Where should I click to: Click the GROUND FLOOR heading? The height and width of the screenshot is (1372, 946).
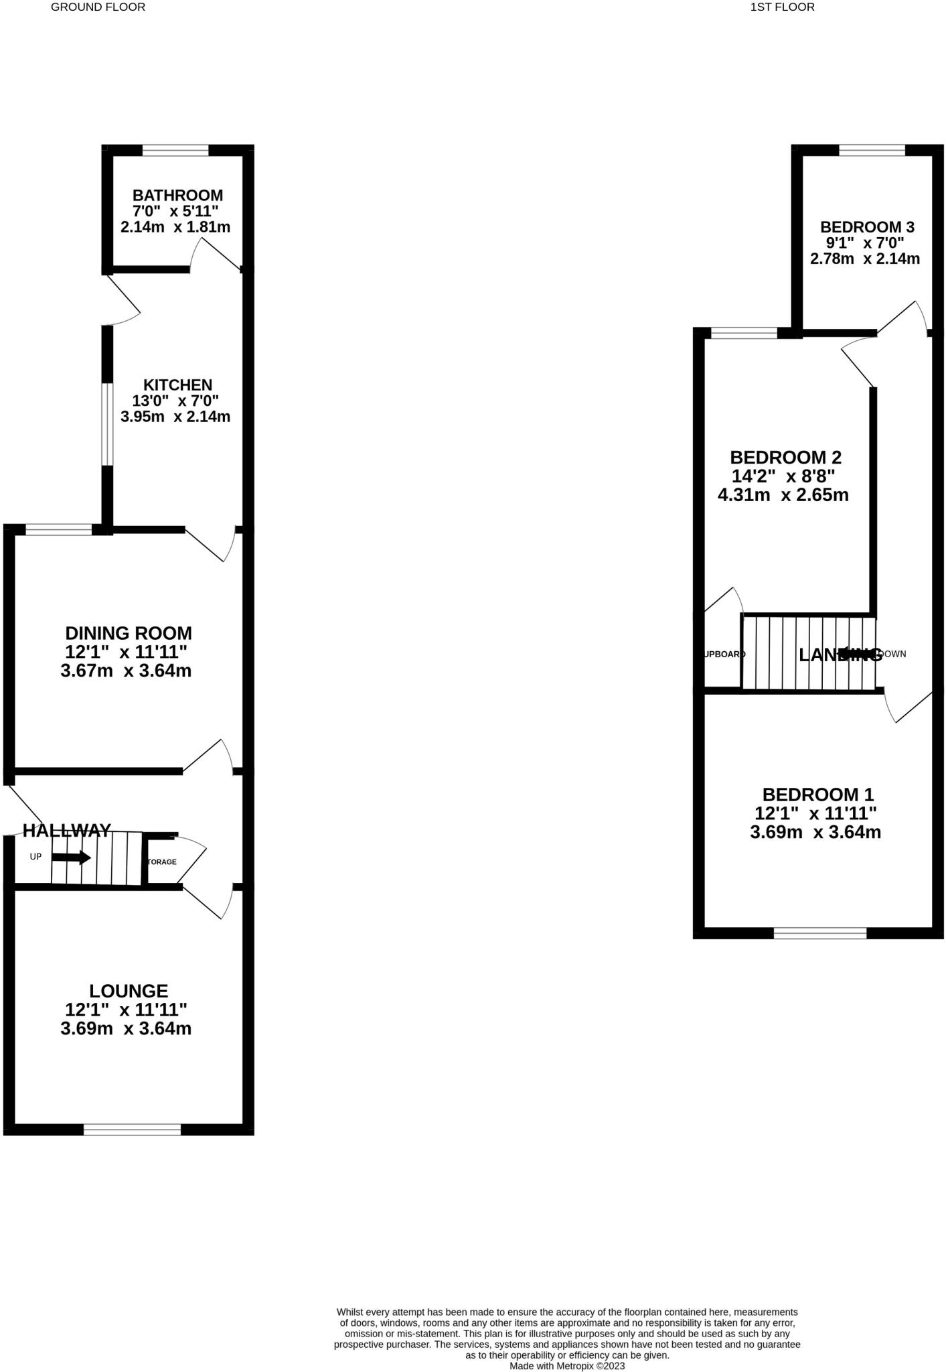pos(98,7)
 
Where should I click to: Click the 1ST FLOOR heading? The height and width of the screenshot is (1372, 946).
pos(782,7)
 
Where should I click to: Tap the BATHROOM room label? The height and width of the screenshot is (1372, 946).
pos(177,196)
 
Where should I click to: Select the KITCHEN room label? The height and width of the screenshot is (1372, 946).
pos(177,385)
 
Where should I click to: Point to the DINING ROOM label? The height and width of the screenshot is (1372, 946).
pos(129,633)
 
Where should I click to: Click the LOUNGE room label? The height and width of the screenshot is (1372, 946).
pos(129,991)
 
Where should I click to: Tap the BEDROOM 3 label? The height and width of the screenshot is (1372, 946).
pos(867,227)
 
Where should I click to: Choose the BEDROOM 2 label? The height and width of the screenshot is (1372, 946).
pos(785,458)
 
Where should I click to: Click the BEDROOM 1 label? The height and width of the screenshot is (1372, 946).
pos(818,795)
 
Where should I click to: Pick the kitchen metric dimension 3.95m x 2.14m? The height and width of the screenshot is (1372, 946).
pos(175,417)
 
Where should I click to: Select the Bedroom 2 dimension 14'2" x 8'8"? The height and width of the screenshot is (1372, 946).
pos(783,476)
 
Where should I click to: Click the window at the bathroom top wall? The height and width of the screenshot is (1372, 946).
pos(175,151)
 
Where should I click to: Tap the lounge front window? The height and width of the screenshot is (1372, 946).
pos(132,1130)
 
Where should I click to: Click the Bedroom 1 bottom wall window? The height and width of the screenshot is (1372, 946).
pos(819,933)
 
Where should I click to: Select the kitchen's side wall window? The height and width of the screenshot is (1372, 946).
pos(106,424)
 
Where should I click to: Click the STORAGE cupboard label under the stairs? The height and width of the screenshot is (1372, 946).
pos(162,862)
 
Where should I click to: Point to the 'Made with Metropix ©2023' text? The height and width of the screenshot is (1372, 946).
pos(566,1365)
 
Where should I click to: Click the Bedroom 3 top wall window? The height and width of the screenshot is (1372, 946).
pos(872,151)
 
